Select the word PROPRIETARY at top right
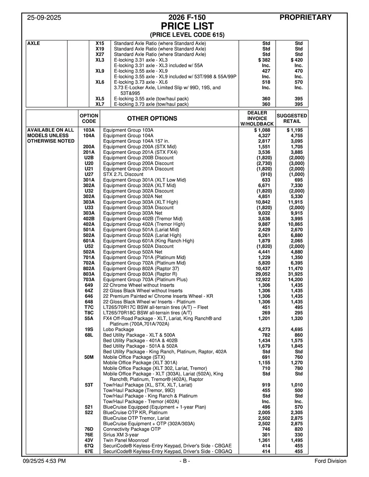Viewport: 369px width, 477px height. tap(305, 17)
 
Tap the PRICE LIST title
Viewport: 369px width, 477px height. tap(187, 26)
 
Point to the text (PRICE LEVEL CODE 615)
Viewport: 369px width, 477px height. tap(187, 35)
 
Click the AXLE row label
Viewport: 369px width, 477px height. tap(33, 43)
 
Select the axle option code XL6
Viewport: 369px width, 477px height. tap(100, 82)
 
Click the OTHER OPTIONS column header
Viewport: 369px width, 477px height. tap(152, 119)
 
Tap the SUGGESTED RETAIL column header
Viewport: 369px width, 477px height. tap(292, 119)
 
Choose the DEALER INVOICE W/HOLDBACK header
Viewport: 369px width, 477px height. tap(257, 119)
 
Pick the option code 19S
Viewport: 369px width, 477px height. tap(89, 329)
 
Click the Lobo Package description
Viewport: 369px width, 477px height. tap(118, 329)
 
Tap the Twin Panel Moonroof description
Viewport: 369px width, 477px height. tap(126, 440)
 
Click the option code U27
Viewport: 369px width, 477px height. tap(89, 174)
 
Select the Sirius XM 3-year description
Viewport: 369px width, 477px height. tap(121, 435)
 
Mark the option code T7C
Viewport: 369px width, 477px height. tap(89, 307)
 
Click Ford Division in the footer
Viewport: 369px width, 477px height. tap(330, 461)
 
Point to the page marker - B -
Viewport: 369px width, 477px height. tap(185, 461)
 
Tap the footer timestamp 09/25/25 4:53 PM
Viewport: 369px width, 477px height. tap(44, 461)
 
